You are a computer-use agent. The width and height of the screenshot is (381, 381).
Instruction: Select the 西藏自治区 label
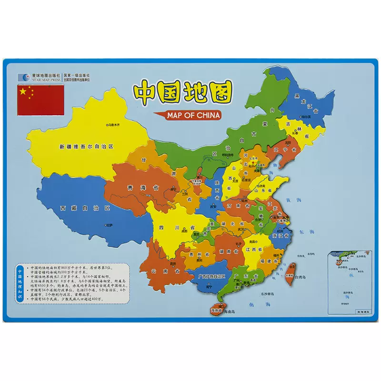78,209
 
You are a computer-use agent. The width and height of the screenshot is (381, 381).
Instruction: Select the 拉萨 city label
110,224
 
